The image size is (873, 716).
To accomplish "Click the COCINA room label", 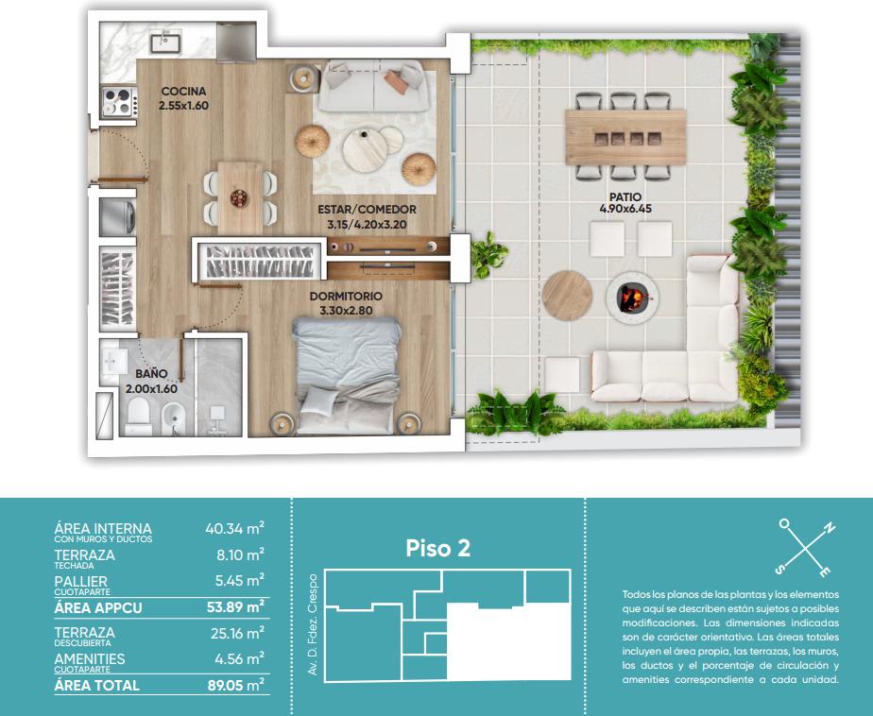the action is (183, 91).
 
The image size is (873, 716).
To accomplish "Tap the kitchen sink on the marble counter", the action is (164, 42).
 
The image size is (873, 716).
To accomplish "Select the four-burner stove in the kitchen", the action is (118, 102).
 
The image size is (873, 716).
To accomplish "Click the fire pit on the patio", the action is (632, 298).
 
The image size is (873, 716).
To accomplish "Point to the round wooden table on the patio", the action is (567, 296).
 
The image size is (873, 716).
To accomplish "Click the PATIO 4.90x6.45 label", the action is (625, 203).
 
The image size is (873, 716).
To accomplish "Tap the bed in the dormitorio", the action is (347, 376).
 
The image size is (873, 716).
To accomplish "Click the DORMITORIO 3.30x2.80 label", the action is (346, 303).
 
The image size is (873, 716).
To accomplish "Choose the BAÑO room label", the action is (151, 374).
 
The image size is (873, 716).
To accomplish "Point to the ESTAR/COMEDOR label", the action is (367, 210).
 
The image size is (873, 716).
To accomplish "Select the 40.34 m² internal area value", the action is (234, 528).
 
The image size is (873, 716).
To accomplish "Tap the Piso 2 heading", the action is (437, 548).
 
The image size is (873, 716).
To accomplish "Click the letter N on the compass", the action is (829, 528).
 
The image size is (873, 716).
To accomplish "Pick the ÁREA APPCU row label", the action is (98, 607).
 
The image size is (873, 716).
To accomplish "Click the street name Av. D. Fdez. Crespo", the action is (313, 624).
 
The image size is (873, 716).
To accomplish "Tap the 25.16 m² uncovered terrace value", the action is (237, 633).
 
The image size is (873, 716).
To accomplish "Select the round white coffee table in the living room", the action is (364, 150).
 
